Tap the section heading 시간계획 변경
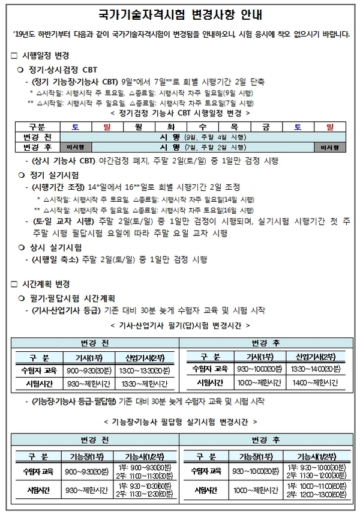(45, 283)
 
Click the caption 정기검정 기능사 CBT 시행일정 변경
(181, 112)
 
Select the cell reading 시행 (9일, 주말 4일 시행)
(204, 137)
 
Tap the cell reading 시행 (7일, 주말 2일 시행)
(204, 147)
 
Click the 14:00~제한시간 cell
(317, 382)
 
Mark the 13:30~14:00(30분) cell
(317, 368)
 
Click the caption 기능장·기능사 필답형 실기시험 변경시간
(180, 422)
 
